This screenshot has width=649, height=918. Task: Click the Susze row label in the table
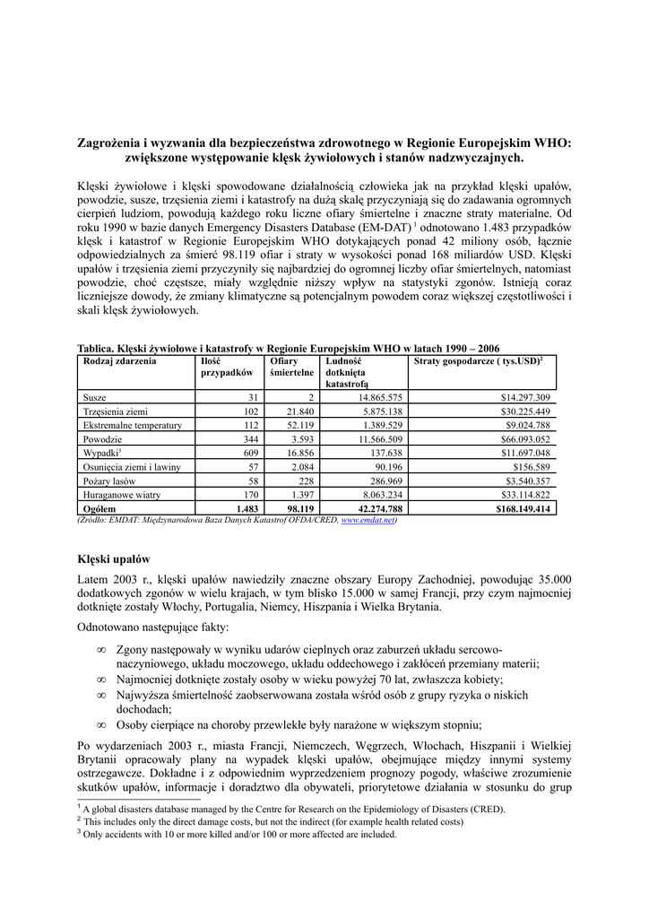click(94, 397)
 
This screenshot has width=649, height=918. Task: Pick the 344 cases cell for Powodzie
click(246, 439)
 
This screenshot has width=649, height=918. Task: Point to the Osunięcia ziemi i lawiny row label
click(131, 467)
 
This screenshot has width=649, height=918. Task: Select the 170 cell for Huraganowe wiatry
click(246, 495)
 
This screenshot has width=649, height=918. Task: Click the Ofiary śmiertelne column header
click(291, 366)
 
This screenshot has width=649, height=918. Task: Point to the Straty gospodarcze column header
click(478, 360)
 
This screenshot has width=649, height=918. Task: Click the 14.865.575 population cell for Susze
click(380, 397)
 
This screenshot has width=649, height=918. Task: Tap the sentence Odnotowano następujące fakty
click(153, 627)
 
